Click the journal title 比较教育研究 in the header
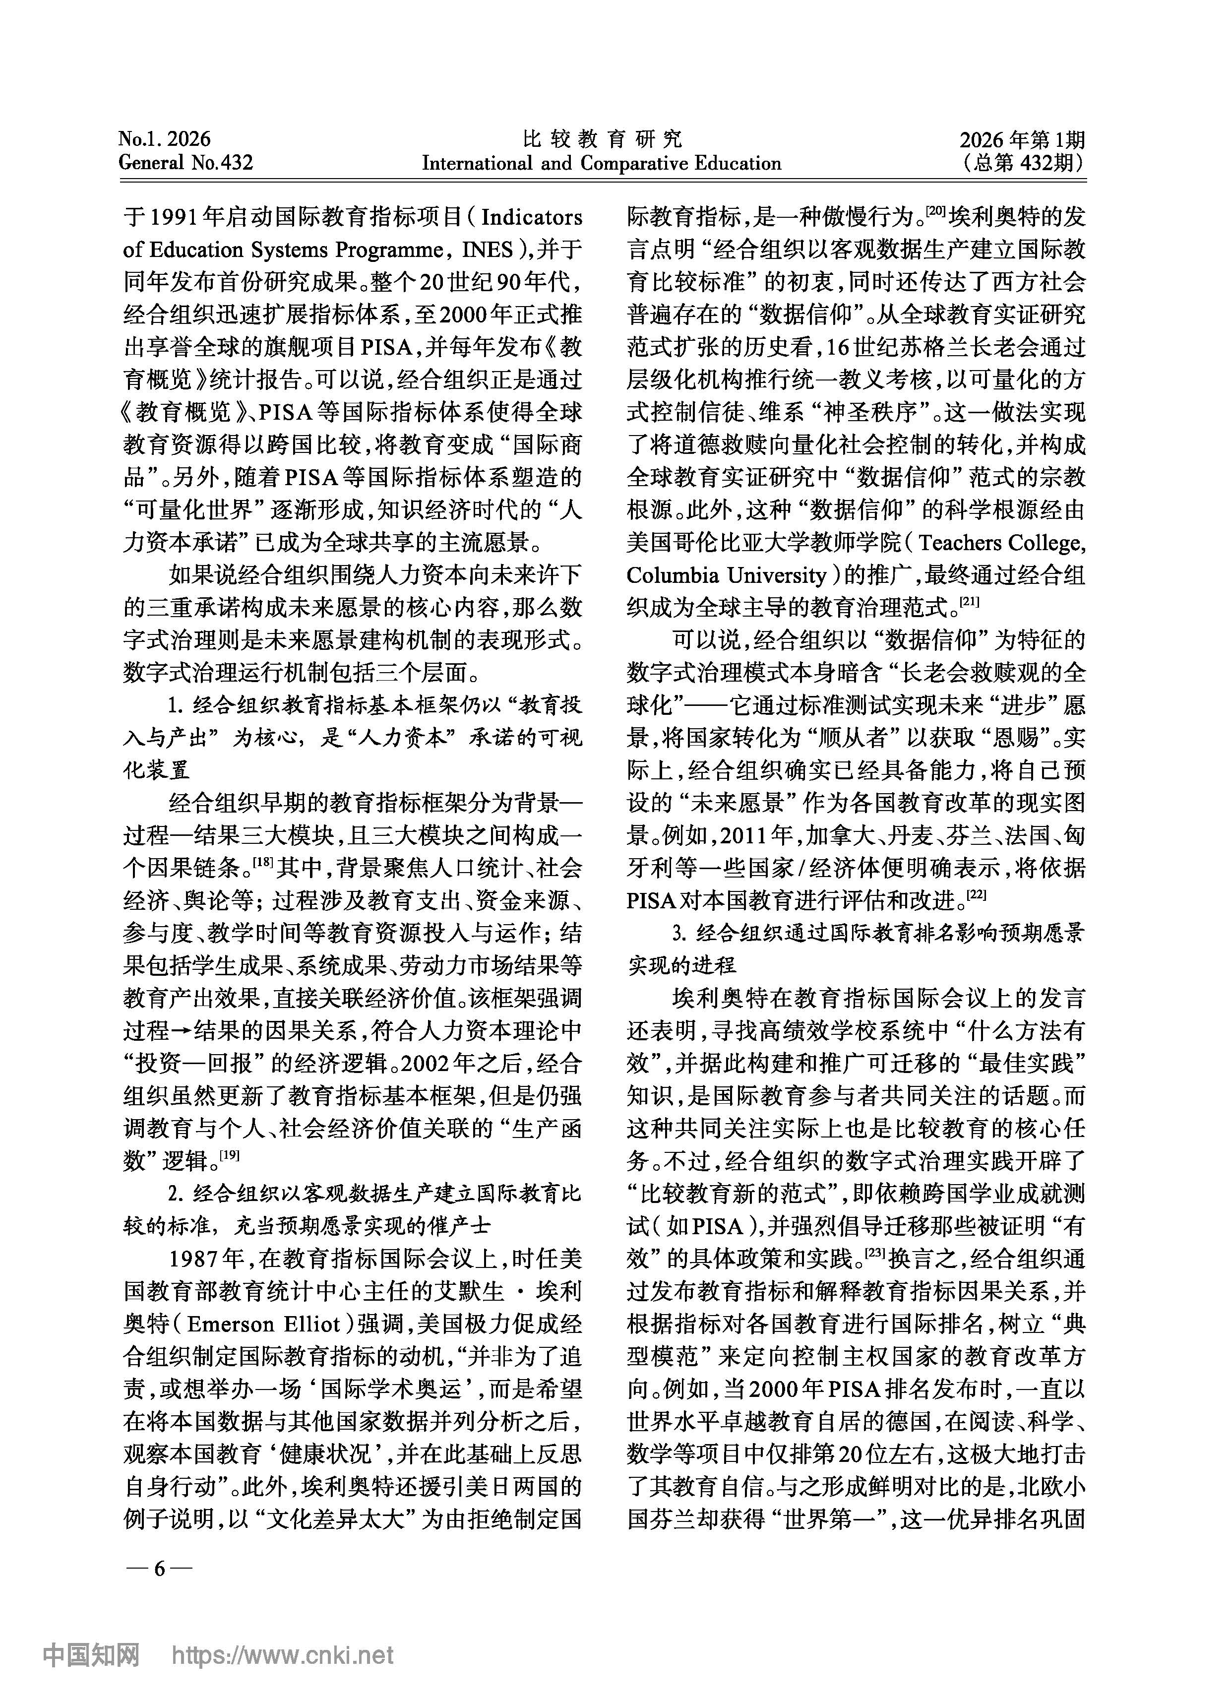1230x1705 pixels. [x=602, y=138]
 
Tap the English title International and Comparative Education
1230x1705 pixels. [x=602, y=163]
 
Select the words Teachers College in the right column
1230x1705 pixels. [x=1001, y=543]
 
